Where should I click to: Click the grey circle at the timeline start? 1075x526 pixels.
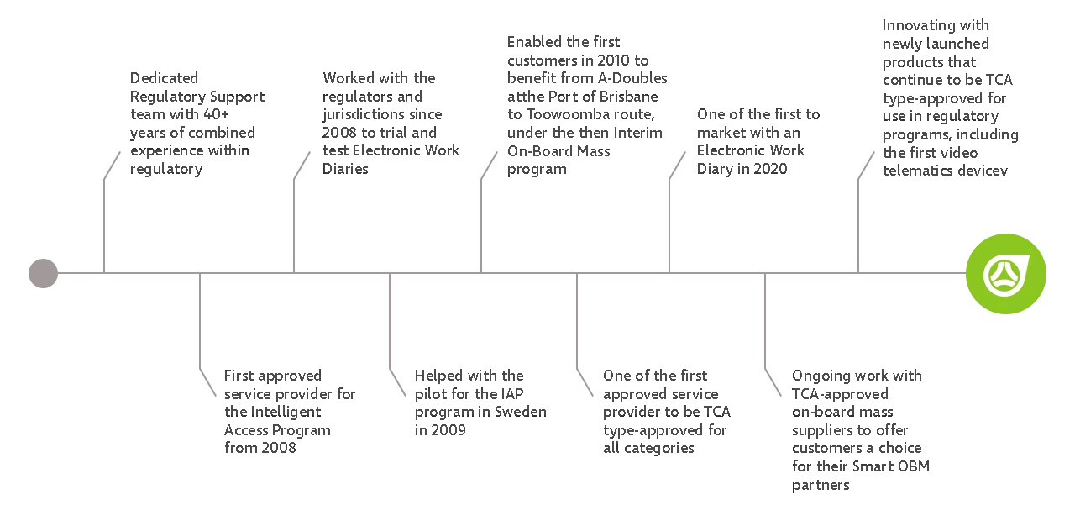click(43, 274)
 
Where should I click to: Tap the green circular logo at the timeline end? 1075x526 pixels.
click(1006, 274)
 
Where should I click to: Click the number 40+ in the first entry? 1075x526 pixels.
click(216, 114)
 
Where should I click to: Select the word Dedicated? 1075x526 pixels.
click(164, 78)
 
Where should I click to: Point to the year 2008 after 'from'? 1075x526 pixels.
click(279, 448)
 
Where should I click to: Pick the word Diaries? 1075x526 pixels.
click(345, 169)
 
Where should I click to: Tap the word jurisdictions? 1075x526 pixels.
click(367, 115)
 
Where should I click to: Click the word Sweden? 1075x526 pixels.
click(520, 412)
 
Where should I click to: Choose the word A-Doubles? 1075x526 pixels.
click(632, 78)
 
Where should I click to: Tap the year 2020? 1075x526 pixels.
click(770, 169)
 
